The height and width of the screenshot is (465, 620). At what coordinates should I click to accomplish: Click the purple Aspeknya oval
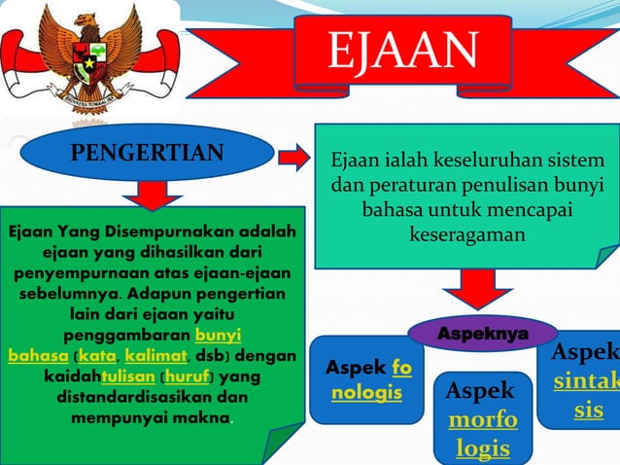tap(483, 334)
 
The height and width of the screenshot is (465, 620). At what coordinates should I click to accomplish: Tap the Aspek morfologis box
tap(483, 418)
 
